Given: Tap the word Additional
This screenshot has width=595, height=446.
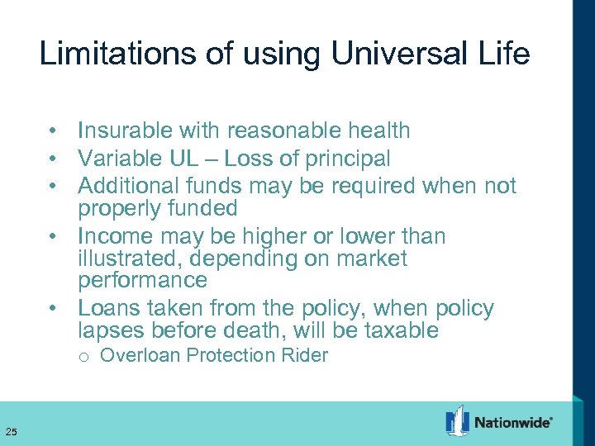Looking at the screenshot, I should point(129,185).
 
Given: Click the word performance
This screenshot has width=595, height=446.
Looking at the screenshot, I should point(142,281).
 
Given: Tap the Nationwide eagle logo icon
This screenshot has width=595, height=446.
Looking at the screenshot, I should point(457,420).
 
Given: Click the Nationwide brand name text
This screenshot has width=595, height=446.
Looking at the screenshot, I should point(513,423).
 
